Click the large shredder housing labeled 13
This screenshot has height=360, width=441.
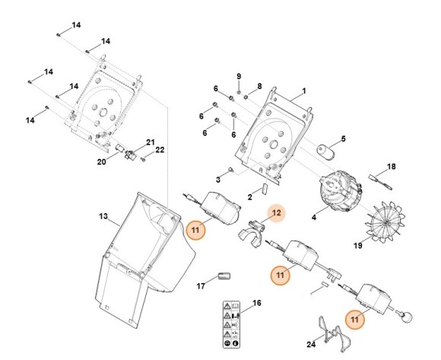[141, 251]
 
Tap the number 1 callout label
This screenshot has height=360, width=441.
[303, 91]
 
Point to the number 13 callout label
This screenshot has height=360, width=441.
[103, 216]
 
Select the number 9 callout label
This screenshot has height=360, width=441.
[238, 77]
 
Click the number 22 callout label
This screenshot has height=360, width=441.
[160, 149]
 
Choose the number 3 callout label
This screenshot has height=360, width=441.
[217, 180]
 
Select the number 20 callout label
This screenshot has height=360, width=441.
[101, 161]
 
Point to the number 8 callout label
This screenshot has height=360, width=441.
[259, 87]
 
